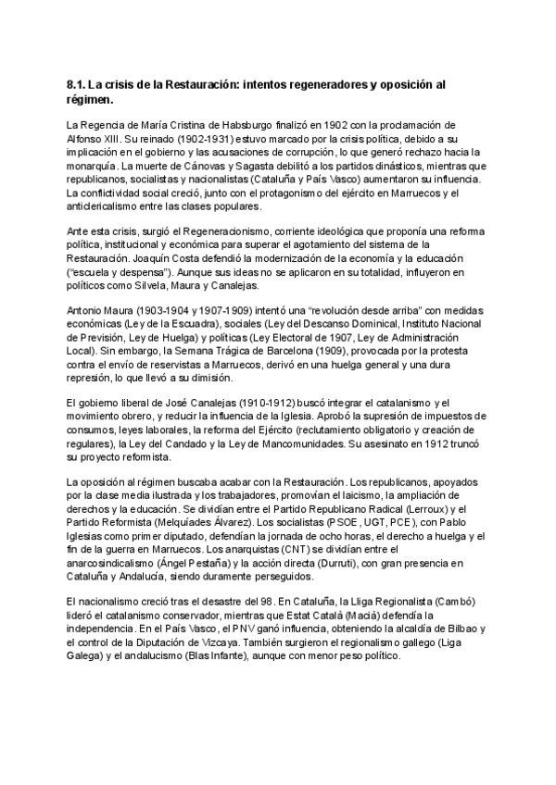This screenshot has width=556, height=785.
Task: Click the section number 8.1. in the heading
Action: (69, 84)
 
